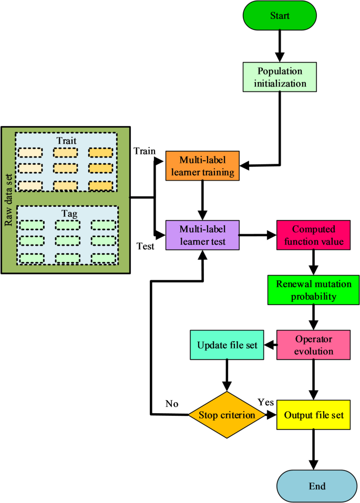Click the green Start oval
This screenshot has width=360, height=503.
(280, 16)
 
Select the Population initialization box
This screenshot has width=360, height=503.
(280, 76)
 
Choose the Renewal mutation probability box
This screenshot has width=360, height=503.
(314, 289)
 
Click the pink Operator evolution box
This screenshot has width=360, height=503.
(314, 345)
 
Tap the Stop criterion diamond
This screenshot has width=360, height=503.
(227, 415)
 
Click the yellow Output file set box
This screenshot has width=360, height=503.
(314, 415)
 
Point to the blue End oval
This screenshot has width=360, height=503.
(314, 485)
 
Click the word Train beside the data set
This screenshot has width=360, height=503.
(145, 151)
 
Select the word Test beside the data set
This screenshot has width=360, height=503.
(145, 246)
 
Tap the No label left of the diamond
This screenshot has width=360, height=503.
(172, 404)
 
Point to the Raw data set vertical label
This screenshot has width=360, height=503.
(9, 200)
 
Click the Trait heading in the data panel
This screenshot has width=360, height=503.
(67, 141)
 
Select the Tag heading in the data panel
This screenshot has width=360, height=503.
(67, 213)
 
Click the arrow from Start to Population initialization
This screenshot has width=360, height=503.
(280, 47)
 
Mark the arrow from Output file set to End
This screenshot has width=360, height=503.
(314, 449)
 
